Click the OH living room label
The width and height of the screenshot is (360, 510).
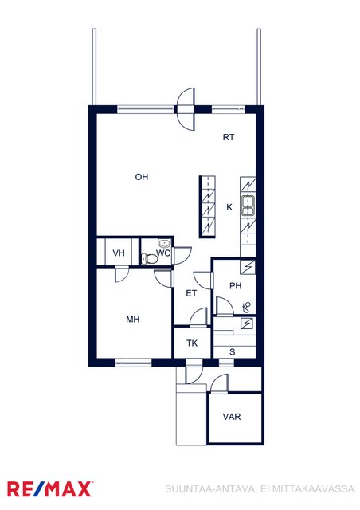pos(142,177)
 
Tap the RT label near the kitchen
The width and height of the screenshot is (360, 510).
pos(229,137)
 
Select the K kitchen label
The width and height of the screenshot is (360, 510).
pos(229,207)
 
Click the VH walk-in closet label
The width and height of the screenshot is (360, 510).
pos(119,253)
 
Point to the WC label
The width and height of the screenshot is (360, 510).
pos(163,253)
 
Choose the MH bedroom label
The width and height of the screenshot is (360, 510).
pos(133,319)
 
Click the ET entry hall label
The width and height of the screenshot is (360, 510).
pos(191,293)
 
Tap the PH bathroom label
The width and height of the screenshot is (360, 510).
pos(236,286)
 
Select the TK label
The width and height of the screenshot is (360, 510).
pos(192,343)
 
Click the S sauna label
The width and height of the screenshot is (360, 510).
pos(233,352)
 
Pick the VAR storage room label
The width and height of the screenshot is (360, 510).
pos(232,417)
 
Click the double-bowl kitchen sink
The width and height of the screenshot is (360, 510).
pos(248,206)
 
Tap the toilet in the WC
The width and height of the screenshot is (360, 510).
pos(150,258)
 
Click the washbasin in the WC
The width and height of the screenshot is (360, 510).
pos(164,243)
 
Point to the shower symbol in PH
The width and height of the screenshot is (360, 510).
pos(247,307)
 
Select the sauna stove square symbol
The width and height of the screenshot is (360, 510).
pos(247,324)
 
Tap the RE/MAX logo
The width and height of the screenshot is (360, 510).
pos(49,489)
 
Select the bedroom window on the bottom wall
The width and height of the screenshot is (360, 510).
pos(133,361)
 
